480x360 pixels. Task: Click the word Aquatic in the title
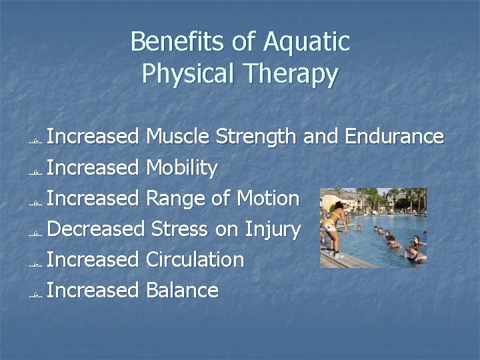point(307,42)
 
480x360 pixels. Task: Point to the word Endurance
point(393,137)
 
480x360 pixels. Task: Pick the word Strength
point(257,137)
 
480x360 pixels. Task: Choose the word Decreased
point(97,229)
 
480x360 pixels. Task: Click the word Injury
point(272,229)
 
